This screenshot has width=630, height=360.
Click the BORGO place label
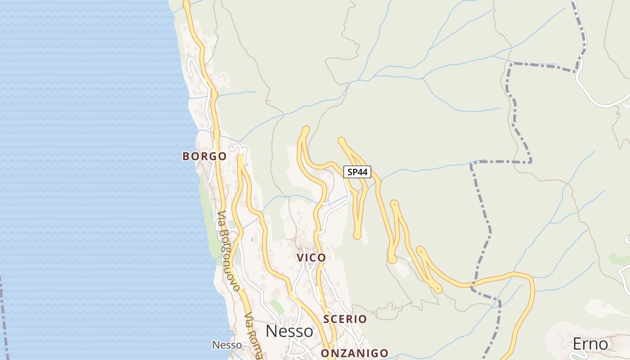[x=204, y=157]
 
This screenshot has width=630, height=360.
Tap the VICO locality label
[x=311, y=258]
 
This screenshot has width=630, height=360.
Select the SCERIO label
[x=345, y=319]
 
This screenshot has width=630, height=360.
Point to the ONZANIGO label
[x=355, y=353]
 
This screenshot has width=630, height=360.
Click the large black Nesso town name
[x=289, y=332]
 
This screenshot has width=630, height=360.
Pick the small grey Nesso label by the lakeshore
[x=227, y=345]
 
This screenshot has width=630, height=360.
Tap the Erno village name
[x=590, y=344]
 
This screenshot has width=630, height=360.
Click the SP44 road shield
[x=357, y=171]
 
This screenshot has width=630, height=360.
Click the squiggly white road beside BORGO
[x=238, y=149]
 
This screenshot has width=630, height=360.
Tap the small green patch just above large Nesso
[x=277, y=306]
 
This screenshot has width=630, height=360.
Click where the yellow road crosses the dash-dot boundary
[x=471, y=284]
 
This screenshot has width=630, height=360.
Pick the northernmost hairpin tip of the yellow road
[x=306, y=130]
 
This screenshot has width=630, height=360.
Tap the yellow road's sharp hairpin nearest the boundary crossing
[x=437, y=289]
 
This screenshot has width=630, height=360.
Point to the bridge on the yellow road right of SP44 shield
[x=378, y=182]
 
